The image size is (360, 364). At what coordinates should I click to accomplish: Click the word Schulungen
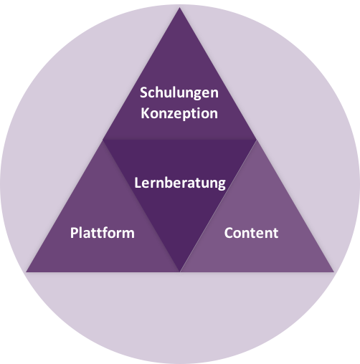coord(179,93)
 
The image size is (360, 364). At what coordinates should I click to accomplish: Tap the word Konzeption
coord(179,113)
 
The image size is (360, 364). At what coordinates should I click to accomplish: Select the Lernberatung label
coord(180,183)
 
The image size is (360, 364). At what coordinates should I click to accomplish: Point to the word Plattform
coord(103,233)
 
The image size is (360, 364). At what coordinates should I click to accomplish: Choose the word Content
coord(251,233)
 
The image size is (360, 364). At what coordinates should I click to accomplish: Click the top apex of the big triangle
coord(180,7)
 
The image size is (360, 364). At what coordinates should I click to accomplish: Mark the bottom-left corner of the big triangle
coord(26,272)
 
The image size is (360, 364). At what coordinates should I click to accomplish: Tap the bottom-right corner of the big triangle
coord(333,272)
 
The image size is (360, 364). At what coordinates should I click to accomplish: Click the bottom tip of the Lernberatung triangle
coord(180,272)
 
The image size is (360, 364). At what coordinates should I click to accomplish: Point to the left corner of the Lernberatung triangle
coord(103,140)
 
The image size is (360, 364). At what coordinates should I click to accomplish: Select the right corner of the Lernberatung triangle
coord(257,140)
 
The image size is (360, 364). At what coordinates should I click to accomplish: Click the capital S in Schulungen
coord(144,92)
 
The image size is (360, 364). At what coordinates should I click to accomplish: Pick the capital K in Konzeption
coord(145,113)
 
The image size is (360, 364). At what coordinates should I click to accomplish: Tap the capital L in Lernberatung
coord(138,183)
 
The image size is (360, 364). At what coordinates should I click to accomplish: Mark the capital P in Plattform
coord(75,233)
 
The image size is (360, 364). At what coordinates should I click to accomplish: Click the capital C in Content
coord(229,233)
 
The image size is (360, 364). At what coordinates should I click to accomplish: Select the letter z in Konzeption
coord(171,115)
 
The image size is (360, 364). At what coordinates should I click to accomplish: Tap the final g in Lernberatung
coord(222,185)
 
